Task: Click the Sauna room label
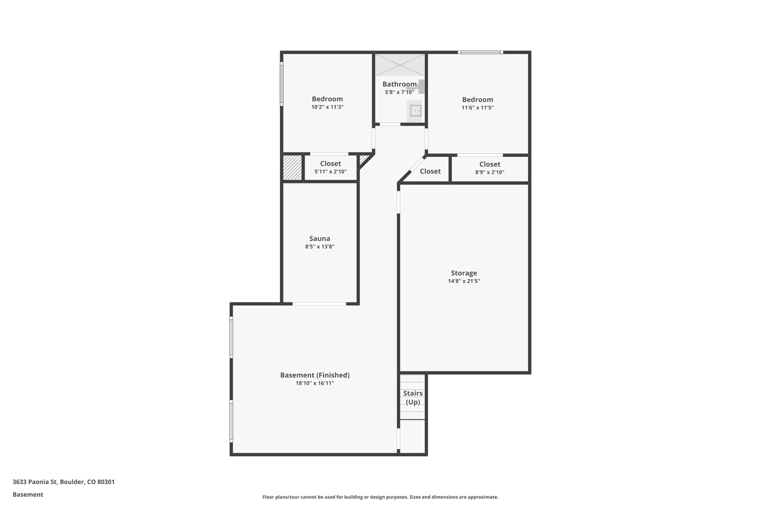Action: tap(320, 238)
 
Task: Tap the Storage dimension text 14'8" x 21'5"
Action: tap(464, 281)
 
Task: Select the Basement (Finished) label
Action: tap(315, 375)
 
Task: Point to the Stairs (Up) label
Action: tap(413, 397)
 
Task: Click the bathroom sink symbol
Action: tap(415, 111)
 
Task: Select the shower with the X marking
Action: tap(399, 65)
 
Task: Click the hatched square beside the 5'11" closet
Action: tap(292, 168)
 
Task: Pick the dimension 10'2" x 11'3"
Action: tap(327, 107)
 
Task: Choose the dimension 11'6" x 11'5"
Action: tap(477, 108)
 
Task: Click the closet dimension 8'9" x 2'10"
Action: tap(490, 172)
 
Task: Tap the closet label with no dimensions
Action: tap(430, 171)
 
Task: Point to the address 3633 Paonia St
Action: tap(64, 482)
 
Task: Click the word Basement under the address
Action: tap(28, 494)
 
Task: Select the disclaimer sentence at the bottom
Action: tap(380, 497)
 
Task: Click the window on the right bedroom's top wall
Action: tap(480, 52)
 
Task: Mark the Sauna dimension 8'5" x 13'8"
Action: tap(320, 247)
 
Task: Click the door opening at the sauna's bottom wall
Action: tap(319, 304)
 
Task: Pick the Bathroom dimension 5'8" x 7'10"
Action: tap(399, 92)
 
